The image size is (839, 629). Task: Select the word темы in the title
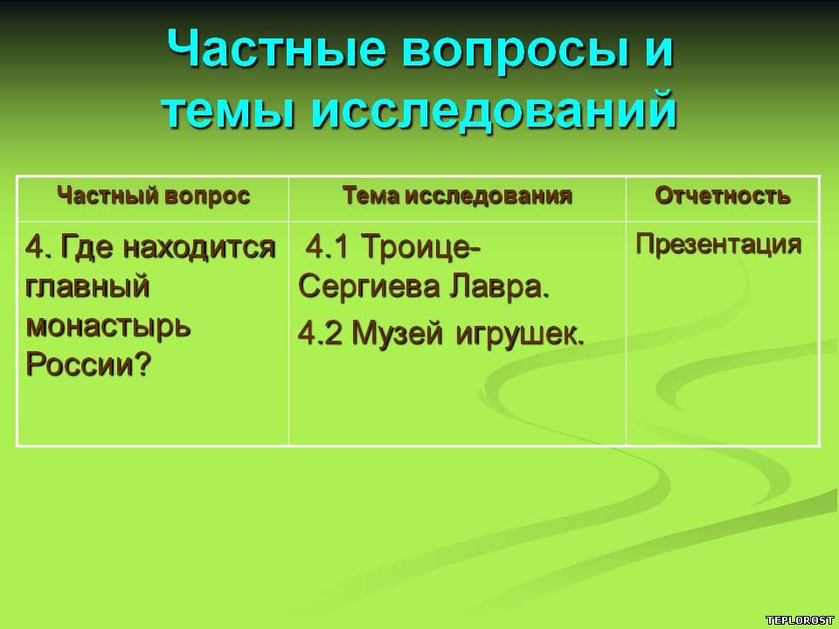tap(228, 110)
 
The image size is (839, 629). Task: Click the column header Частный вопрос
tap(154, 195)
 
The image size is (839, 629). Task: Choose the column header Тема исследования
tap(457, 196)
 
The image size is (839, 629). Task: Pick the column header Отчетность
tap(723, 196)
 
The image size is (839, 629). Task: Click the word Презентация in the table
tap(718, 245)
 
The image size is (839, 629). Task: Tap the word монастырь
tap(108, 325)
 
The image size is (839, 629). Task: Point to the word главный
tap(87, 287)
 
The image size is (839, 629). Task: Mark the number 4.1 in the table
tap(326, 247)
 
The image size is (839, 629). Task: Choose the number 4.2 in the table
tap(320, 333)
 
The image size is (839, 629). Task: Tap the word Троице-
tap(421, 247)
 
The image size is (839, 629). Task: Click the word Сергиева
tap(369, 287)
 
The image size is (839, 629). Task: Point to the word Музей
tap(397, 333)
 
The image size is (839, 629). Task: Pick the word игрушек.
tap(519, 335)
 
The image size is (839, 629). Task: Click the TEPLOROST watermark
tap(800, 620)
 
